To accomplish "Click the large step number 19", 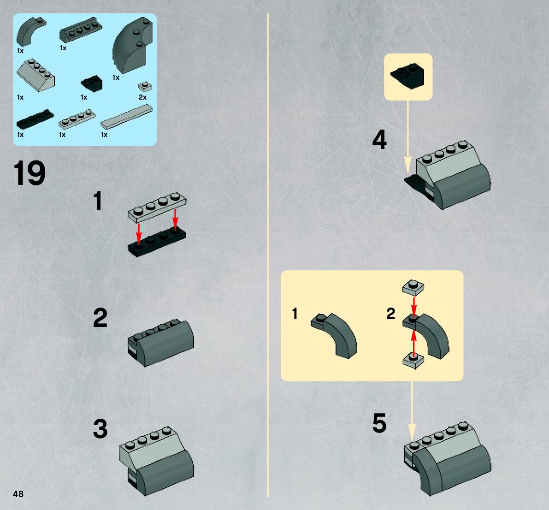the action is [x=30, y=174].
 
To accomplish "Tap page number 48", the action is [x=18, y=494].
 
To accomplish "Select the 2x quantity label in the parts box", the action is [x=142, y=97].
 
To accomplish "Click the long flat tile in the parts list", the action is [x=127, y=116].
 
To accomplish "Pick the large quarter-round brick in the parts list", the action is [x=132, y=46].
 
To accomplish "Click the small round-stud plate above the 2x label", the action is [x=145, y=87].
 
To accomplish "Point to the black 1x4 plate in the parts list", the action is [x=35, y=119].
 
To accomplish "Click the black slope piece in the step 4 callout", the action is [x=407, y=75].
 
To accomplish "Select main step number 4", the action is [x=379, y=140].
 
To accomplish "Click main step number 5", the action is [x=379, y=423].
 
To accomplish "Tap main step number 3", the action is [x=100, y=429].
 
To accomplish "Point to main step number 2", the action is [x=100, y=318].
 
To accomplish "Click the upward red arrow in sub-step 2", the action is [x=414, y=341].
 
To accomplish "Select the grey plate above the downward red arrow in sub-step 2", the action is [x=413, y=288].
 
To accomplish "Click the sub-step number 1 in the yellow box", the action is [x=295, y=314].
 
